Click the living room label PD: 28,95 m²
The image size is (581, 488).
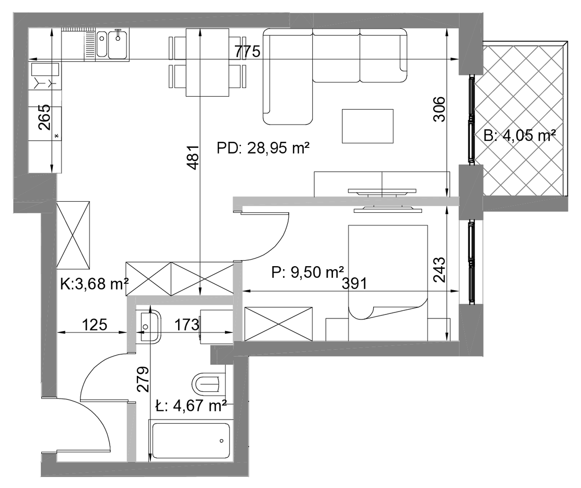click(x=263, y=148)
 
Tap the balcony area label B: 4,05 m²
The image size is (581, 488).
click(x=520, y=135)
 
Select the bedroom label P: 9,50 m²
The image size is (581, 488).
click(x=307, y=272)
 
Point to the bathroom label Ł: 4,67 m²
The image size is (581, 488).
click(x=191, y=405)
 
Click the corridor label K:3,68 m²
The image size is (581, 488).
click(x=95, y=284)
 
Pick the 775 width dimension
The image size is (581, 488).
click(x=247, y=51)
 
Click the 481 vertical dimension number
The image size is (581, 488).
click(x=194, y=157)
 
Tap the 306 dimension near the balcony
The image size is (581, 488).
click(x=440, y=109)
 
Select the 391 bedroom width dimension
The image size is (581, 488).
click(x=354, y=283)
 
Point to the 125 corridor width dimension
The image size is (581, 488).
click(x=95, y=324)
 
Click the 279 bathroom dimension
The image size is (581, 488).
click(x=143, y=379)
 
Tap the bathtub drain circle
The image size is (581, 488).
click(x=221, y=441)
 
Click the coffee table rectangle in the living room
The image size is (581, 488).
click(x=368, y=126)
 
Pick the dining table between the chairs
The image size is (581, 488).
click(x=207, y=62)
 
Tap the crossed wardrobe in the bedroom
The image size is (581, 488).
click(x=278, y=323)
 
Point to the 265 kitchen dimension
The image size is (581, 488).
click(x=44, y=117)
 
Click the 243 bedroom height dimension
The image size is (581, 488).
click(x=440, y=270)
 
